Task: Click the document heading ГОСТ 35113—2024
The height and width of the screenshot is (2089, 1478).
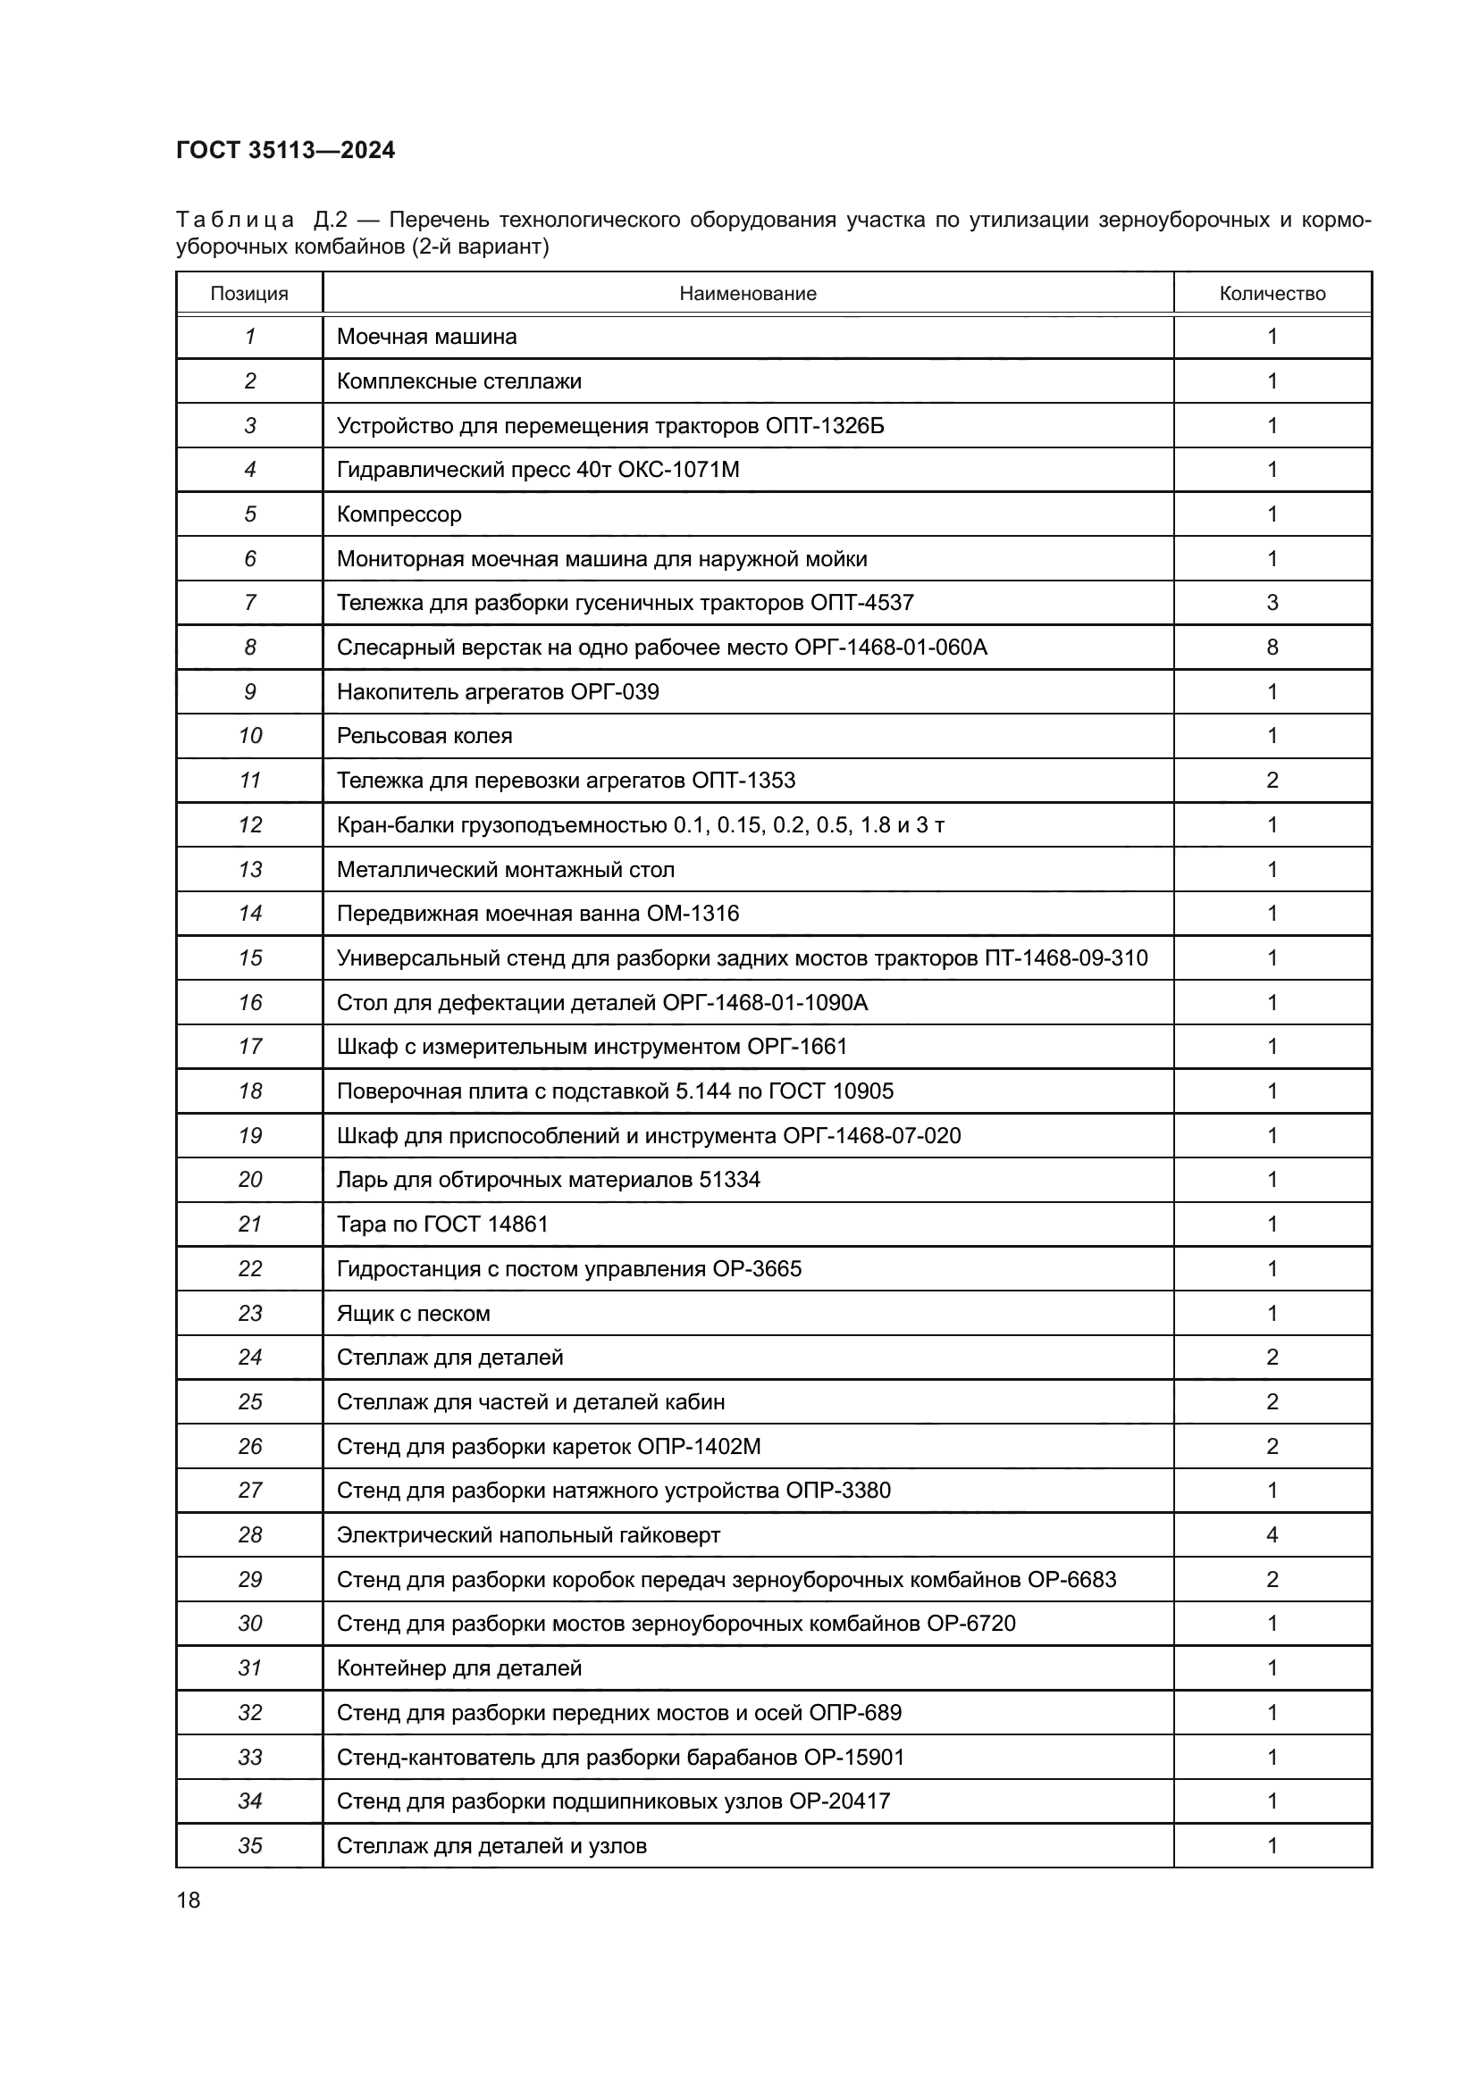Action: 285,150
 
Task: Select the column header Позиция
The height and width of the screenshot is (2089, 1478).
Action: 248,294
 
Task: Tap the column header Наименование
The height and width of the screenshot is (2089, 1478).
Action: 747,294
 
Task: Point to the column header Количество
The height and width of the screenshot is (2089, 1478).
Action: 1272,294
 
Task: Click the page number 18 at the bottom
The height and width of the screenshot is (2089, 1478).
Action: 189,1900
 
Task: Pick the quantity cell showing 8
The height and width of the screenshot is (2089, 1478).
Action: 1272,647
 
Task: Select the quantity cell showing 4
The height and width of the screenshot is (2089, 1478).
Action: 1272,1535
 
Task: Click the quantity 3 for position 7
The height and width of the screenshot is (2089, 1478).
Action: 1272,602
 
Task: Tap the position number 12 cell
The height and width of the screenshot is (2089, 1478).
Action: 249,825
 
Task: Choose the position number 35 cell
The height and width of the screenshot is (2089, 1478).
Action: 249,1845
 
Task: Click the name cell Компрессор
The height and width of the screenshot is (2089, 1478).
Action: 399,514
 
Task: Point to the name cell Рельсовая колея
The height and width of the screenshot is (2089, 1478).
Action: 424,736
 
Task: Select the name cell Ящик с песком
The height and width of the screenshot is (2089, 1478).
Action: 412,1314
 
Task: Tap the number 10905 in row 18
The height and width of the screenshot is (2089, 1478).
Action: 863,1090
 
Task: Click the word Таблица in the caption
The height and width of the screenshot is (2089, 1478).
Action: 235,221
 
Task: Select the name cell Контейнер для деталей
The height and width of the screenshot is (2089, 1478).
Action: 458,1667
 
